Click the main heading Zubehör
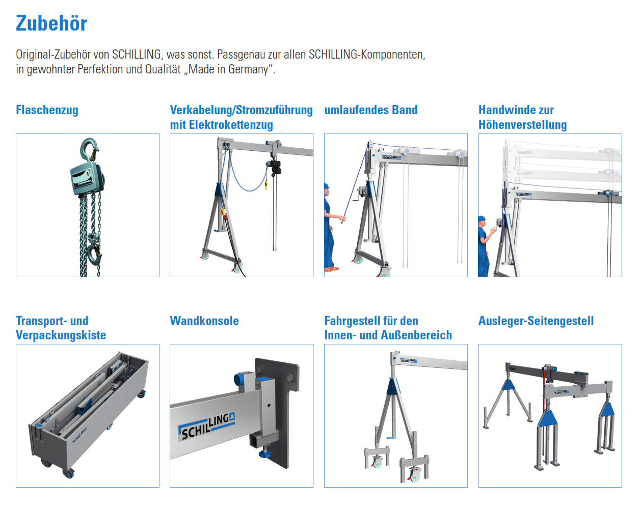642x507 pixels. [x=51, y=23]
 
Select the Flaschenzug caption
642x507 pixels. [x=47, y=110]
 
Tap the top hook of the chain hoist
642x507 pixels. [x=90, y=149]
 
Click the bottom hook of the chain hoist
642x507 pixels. [x=94, y=254]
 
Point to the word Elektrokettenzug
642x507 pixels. [x=231, y=125]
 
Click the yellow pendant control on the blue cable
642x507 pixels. [x=266, y=184]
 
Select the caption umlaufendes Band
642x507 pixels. [x=370, y=110]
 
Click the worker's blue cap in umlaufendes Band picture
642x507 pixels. [x=326, y=186]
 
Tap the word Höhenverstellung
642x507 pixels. [x=522, y=125]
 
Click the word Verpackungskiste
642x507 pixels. [x=61, y=335]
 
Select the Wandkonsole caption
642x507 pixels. [x=204, y=321]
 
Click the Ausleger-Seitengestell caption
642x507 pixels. [x=536, y=321]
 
